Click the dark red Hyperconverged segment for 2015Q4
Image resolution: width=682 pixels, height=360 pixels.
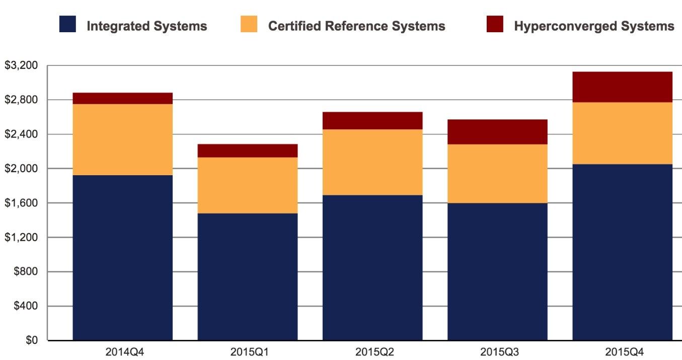(622, 87)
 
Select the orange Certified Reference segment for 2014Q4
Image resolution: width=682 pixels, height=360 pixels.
(123, 139)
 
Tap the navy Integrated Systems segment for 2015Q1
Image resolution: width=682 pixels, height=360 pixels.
(247, 276)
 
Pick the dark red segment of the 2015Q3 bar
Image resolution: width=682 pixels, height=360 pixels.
(497, 132)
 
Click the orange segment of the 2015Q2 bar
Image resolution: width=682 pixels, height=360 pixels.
(372, 162)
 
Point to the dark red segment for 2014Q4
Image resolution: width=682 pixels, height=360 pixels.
(123, 98)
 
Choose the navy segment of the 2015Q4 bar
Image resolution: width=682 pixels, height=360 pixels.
(622, 252)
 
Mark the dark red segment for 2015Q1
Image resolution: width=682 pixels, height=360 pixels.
(247, 151)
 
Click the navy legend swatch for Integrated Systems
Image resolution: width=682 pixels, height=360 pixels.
(67, 24)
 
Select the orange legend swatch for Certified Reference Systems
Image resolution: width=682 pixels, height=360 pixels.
(249, 24)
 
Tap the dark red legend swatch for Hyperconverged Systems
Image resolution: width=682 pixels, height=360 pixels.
(495, 24)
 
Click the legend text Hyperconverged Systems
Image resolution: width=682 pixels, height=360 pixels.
(594, 26)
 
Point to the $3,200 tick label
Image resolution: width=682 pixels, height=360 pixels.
(21, 65)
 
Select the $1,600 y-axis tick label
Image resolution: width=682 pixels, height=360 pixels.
(21, 203)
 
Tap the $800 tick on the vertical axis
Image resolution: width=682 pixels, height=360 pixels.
(25, 272)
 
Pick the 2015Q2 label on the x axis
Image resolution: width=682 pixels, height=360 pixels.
(372, 351)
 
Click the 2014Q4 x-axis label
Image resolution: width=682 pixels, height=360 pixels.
(123, 351)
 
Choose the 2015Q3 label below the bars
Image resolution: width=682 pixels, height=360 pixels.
(497, 351)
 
